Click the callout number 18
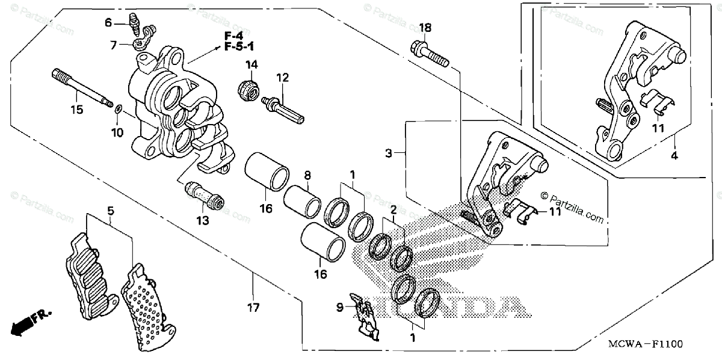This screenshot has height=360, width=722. (x=425, y=28)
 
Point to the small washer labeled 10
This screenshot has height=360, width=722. (x=118, y=109)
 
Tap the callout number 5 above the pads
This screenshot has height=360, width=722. (x=111, y=211)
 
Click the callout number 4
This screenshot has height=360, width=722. (x=674, y=156)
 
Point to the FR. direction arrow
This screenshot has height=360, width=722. (x=30, y=323)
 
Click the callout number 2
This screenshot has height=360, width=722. (x=392, y=210)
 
